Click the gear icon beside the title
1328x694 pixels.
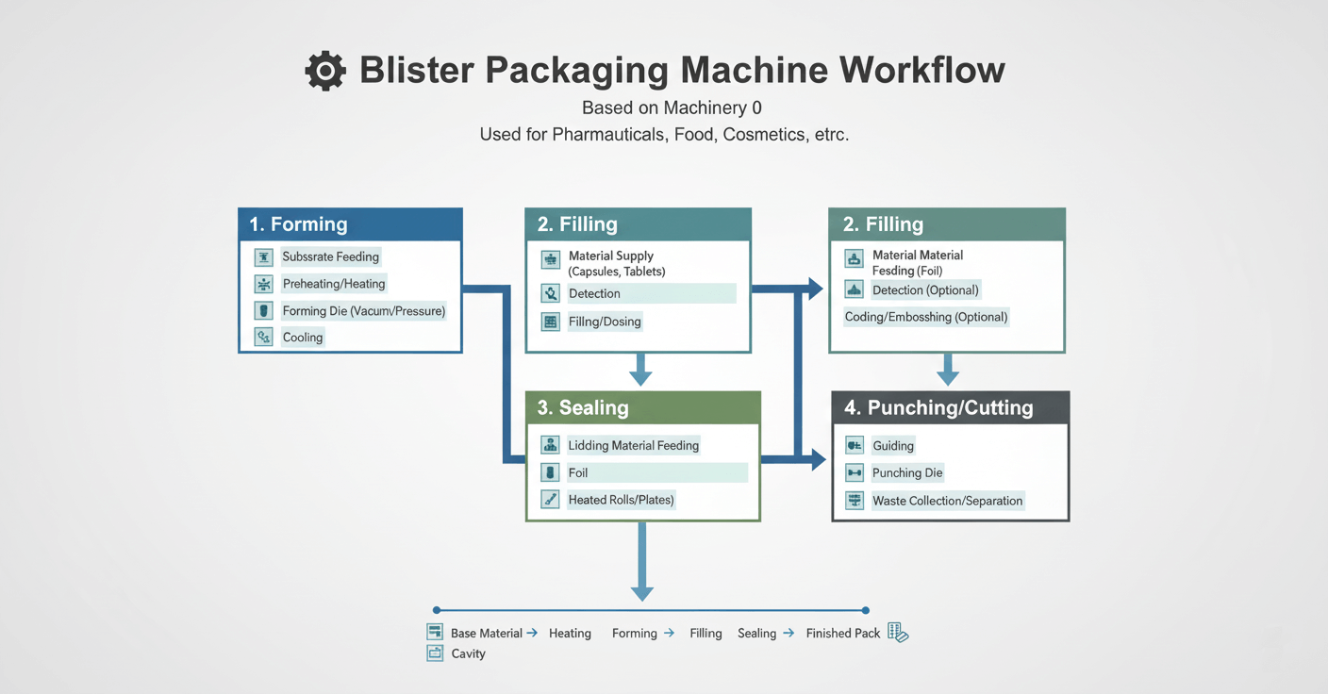(325, 72)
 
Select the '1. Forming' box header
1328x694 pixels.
(350, 224)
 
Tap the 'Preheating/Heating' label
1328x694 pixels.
(334, 284)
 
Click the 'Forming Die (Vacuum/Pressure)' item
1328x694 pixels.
(364, 311)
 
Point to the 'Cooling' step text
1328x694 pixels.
(303, 338)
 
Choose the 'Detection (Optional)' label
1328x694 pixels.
(925, 290)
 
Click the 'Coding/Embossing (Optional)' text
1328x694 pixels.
(926, 317)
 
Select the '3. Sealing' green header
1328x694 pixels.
(643, 407)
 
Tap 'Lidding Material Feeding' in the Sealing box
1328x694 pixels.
(633, 445)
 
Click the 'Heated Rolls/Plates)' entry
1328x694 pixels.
(621, 500)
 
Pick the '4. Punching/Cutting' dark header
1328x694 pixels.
(950, 407)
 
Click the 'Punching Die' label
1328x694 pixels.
(907, 473)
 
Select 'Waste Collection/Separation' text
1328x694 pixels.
(947, 501)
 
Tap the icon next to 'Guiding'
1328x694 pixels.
(855, 446)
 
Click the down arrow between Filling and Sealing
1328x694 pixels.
(640, 370)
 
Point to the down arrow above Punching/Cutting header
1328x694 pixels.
(948, 370)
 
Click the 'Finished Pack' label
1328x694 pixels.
(842, 634)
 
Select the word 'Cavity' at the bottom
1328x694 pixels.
(468, 653)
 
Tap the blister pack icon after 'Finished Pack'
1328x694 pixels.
(898, 633)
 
